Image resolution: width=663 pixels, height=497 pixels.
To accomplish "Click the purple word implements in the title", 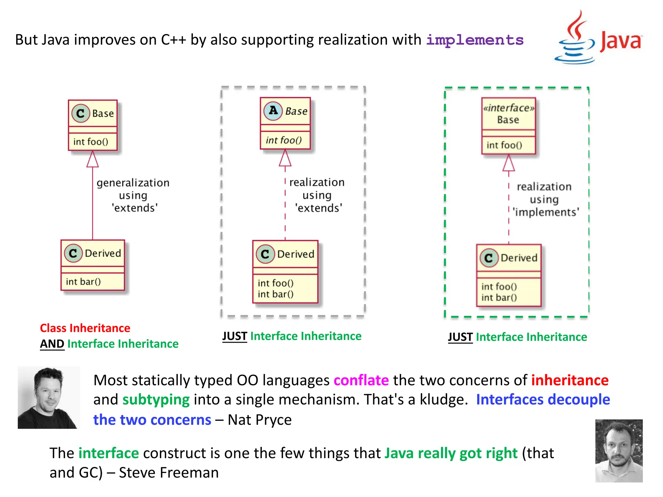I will pyautogui.click(x=475, y=40).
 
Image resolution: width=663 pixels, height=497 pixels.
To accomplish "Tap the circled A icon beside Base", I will pyautogui.click(x=273, y=111).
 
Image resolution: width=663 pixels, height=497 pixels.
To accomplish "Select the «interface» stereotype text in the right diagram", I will pyautogui.click(x=508, y=108).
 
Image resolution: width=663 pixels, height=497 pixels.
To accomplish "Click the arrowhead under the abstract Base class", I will pyautogui.click(x=285, y=158).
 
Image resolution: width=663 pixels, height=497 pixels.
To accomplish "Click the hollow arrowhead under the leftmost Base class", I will pyautogui.click(x=93, y=159).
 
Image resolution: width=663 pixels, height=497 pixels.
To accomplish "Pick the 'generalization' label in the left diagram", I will pyautogui.click(x=133, y=183).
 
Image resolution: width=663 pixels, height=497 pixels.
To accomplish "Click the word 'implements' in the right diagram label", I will pyautogui.click(x=546, y=212).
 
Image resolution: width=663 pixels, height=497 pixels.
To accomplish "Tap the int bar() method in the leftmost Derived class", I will pyautogui.click(x=83, y=282).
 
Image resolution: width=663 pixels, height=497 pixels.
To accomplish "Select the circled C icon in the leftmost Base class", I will pyautogui.click(x=80, y=113).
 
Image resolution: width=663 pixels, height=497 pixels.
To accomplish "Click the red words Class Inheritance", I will pyautogui.click(x=85, y=328).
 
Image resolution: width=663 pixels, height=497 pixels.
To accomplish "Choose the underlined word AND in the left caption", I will pyautogui.click(x=52, y=344).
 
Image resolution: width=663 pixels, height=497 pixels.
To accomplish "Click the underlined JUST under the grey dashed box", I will pyautogui.click(x=235, y=336).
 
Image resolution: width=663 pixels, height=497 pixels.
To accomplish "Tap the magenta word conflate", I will pyautogui.click(x=361, y=380).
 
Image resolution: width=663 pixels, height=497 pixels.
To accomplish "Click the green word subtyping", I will pyautogui.click(x=156, y=400).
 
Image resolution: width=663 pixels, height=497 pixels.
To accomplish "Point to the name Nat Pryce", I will pyautogui.click(x=259, y=420).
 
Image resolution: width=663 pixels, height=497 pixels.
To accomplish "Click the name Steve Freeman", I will pyautogui.click(x=169, y=473).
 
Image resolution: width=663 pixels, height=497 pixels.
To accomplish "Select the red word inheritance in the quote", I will pyautogui.click(x=570, y=380).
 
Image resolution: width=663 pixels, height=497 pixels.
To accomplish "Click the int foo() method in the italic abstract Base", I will pyautogui.click(x=284, y=140).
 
